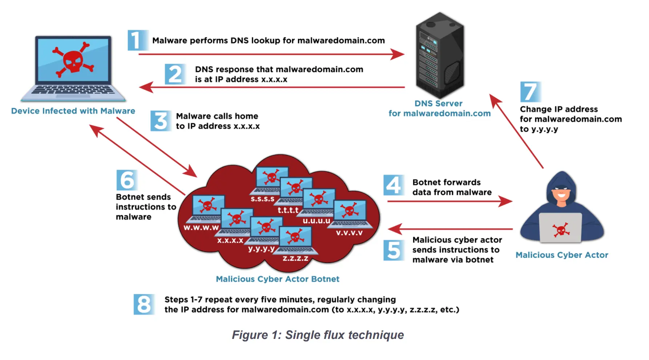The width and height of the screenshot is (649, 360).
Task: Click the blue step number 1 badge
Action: pyautogui.click(x=137, y=40)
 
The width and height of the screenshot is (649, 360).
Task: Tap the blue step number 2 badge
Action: pyautogui.click(x=175, y=74)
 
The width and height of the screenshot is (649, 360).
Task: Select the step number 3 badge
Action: pyautogui.click(x=160, y=121)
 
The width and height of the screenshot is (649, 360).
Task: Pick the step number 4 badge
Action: pyautogui.click(x=393, y=185)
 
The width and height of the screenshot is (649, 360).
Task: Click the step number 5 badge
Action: pyautogui.click(x=393, y=250)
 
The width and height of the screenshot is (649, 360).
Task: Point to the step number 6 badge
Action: pyautogui.click(x=127, y=180)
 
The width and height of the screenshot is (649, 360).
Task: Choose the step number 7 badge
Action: pyautogui.click(x=530, y=92)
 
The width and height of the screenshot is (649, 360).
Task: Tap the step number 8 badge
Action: pyautogui.click(x=144, y=304)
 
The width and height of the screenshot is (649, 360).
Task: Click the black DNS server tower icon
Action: pyautogui.click(x=440, y=55)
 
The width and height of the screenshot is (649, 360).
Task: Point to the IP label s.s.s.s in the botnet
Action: pyautogui.click(x=262, y=199)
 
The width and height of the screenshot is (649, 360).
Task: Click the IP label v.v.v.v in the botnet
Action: pyautogui.click(x=349, y=233)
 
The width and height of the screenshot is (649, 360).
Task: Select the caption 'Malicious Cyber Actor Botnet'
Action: pyautogui.click(x=278, y=279)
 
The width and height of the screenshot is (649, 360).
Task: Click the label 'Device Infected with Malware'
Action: pyautogui.click(x=73, y=111)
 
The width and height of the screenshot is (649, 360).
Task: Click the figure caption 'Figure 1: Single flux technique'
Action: pyautogui.click(x=318, y=335)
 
